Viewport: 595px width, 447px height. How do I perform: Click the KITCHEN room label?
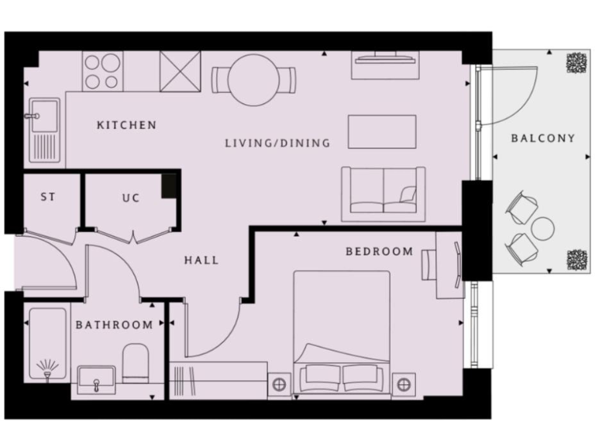click(126, 125)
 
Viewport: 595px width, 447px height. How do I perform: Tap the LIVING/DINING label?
click(277, 143)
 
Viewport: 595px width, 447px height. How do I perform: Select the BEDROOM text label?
click(379, 251)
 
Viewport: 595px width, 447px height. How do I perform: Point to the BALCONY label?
click(543, 138)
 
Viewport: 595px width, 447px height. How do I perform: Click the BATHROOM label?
click(114, 324)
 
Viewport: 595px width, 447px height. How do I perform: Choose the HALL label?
click(201, 260)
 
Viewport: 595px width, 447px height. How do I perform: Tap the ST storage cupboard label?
click(48, 197)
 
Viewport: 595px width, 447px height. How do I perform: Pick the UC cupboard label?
click(131, 198)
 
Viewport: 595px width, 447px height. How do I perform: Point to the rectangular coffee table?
click(382, 131)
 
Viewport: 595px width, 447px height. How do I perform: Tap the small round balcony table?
click(543, 229)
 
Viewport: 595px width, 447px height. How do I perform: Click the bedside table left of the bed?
click(279, 383)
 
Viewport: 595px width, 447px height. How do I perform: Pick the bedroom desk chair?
click(430, 264)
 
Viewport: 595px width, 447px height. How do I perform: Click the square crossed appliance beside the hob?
click(180, 71)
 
